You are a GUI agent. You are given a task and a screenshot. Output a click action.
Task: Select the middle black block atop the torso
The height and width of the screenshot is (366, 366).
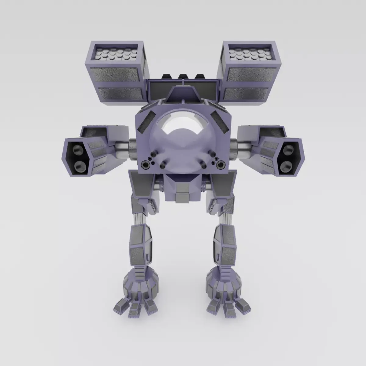point(183,78)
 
